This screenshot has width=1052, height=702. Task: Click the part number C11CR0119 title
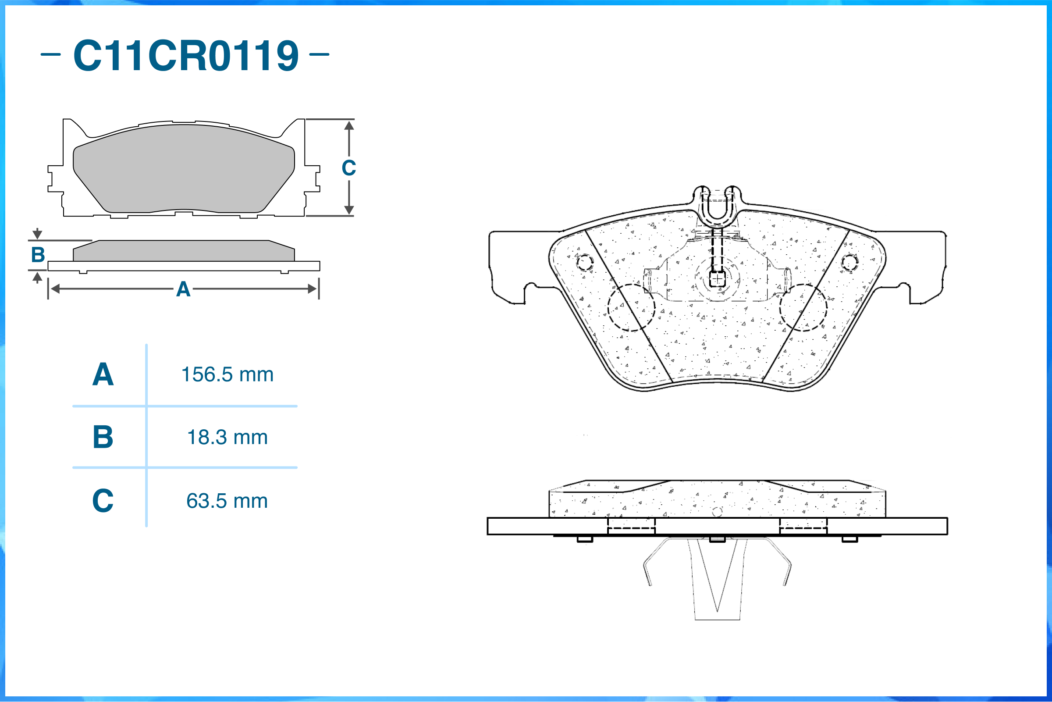pyautogui.click(x=186, y=56)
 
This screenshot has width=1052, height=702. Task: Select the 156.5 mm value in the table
pyautogui.click(x=227, y=375)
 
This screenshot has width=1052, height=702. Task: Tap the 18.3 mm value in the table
pyautogui.click(x=227, y=438)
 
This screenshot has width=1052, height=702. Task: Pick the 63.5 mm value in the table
pyautogui.click(x=227, y=501)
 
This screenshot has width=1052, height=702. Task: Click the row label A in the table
pyautogui.click(x=103, y=375)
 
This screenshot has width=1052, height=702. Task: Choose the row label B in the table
pyautogui.click(x=103, y=438)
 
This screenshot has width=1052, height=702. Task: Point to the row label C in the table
pyautogui.click(x=103, y=501)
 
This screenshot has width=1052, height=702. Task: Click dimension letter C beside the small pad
pyautogui.click(x=348, y=168)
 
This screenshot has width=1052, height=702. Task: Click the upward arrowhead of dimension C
pyautogui.click(x=349, y=125)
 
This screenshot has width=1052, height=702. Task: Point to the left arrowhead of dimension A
pyautogui.click(x=55, y=289)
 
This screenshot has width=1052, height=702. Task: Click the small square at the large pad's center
pyautogui.click(x=717, y=279)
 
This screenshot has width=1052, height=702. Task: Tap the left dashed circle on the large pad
pyautogui.click(x=631, y=307)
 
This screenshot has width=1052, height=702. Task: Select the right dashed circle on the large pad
pyautogui.click(x=803, y=307)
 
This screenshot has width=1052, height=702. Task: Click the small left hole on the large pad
pyautogui.click(x=585, y=262)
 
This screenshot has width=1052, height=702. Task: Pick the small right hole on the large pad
pyautogui.click(x=850, y=262)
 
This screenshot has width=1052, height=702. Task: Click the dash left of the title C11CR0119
pyautogui.click(x=50, y=55)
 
